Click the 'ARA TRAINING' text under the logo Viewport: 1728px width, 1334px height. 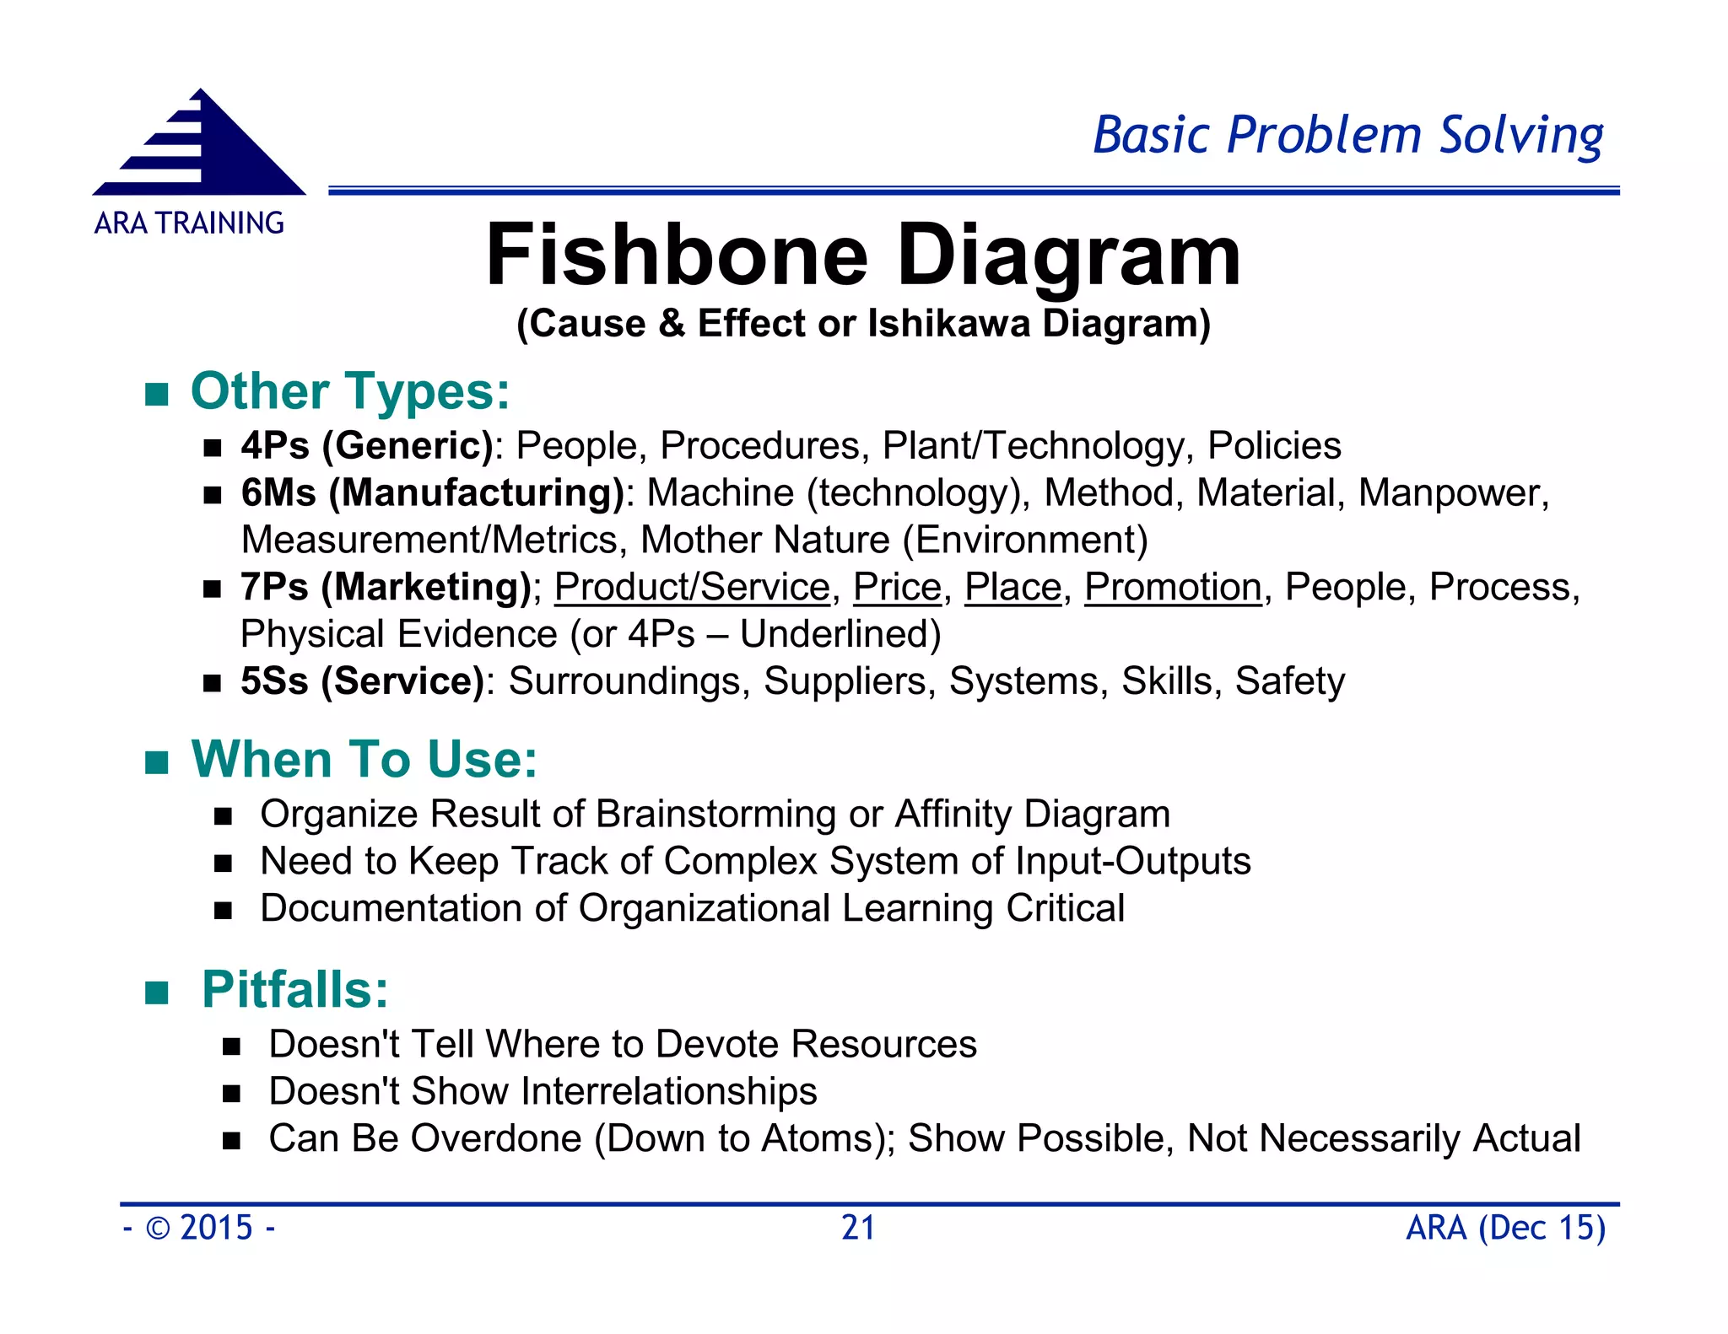(189, 223)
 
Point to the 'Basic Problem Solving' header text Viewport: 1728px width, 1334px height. (1347, 135)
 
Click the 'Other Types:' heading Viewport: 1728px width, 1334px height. (350, 392)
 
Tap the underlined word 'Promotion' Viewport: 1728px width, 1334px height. (1173, 587)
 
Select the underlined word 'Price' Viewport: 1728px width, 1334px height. (897, 587)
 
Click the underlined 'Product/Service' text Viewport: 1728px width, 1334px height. (692, 587)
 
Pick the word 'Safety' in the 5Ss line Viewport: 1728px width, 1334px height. (1289, 681)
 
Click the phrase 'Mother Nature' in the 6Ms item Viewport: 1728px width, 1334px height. (765, 541)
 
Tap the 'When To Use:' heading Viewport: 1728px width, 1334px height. (364, 760)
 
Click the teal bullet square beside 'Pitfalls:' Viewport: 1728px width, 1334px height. (157, 992)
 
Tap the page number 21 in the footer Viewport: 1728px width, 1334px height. (858, 1228)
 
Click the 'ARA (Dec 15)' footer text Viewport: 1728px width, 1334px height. (1505, 1228)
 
